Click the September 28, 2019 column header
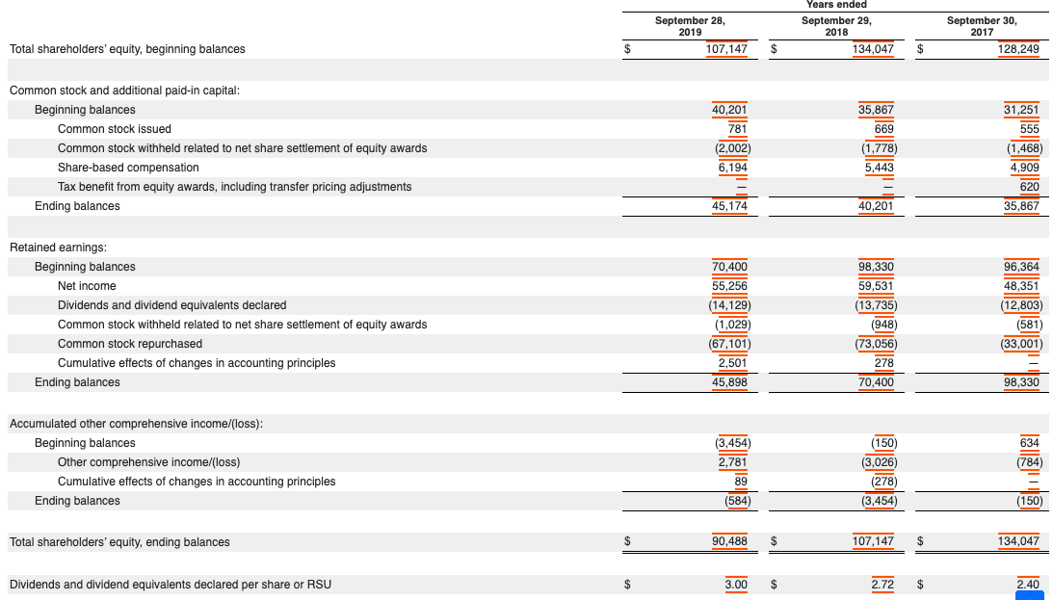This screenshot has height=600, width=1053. pos(689,25)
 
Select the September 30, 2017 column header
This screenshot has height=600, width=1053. pos(982,25)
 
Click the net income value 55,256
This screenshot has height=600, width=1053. pos(729,286)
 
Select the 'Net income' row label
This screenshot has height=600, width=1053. pos(87,286)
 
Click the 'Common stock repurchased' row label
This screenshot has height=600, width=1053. pos(130,344)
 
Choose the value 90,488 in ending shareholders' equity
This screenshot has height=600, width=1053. pos(728,542)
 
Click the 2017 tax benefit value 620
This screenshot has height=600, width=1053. pos(1029,187)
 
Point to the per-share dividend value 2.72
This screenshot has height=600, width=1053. pos(882,584)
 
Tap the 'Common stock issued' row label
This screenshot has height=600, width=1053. pos(115,129)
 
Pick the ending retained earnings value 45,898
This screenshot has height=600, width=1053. pos(729,382)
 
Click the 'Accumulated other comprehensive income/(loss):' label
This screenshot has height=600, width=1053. pos(136,424)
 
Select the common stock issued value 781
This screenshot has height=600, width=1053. pos(737,129)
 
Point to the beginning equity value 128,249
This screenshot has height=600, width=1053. pos(1019,49)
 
